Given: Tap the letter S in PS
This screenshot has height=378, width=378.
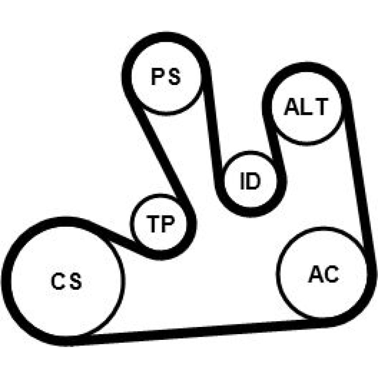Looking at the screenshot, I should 174,77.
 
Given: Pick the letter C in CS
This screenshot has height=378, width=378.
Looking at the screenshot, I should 59,282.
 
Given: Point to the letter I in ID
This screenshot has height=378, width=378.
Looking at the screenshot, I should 243,182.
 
